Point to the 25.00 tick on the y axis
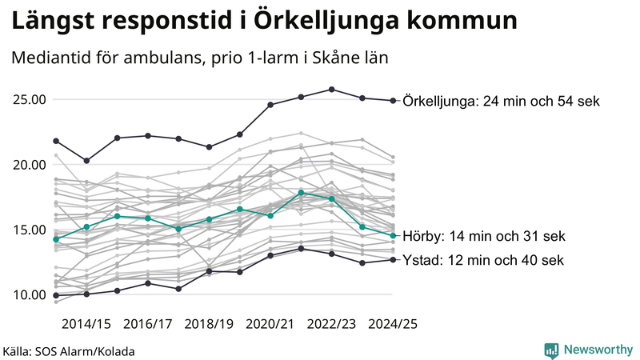(29, 100)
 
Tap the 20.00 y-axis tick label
(29, 165)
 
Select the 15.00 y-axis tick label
(29, 230)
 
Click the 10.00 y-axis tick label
(29, 294)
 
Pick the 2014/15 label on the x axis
(86, 324)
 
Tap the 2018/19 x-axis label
(209, 324)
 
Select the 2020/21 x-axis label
(270, 324)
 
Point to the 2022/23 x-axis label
(332, 324)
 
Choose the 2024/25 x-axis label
(392, 324)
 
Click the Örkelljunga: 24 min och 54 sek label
(502, 102)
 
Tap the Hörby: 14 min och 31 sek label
(484, 236)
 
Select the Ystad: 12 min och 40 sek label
(484, 260)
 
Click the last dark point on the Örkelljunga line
(393, 101)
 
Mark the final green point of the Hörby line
(393, 235)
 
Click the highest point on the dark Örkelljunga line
(332, 90)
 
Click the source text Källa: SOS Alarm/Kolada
(69, 351)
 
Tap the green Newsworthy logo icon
(551, 350)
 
